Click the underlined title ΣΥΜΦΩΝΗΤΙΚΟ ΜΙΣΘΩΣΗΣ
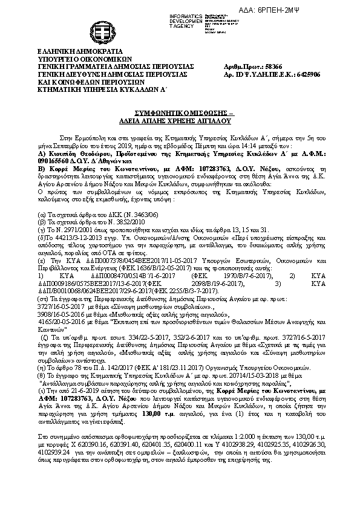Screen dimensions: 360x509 (x=178, y=113)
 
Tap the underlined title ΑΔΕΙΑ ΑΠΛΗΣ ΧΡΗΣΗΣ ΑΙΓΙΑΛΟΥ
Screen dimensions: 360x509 (x=179, y=120)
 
